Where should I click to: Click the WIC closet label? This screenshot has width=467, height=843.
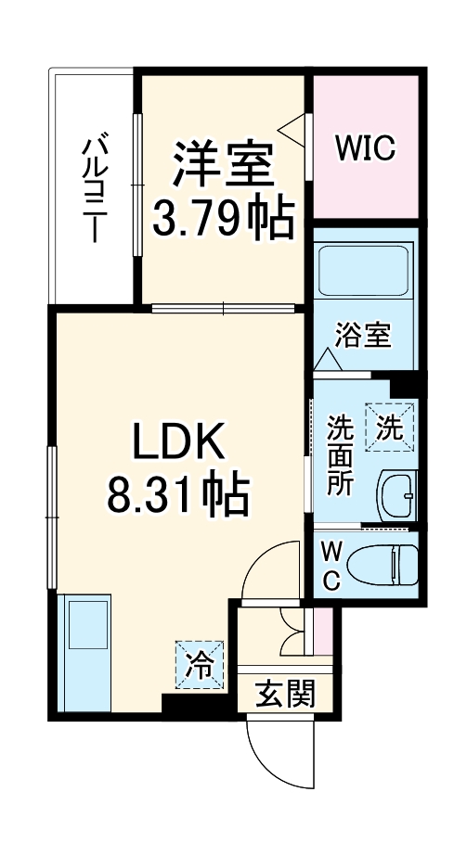click(x=366, y=147)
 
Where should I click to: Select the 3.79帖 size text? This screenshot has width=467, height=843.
click(x=223, y=219)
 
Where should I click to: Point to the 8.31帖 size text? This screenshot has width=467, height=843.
click(x=178, y=498)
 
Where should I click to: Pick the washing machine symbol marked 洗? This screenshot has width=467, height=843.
click(x=389, y=428)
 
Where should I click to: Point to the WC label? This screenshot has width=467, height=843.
click(x=331, y=566)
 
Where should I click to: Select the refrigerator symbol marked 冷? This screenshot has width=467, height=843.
click(x=199, y=664)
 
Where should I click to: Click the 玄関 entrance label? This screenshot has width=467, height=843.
click(x=282, y=692)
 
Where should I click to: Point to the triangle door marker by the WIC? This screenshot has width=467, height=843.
click(x=294, y=129)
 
